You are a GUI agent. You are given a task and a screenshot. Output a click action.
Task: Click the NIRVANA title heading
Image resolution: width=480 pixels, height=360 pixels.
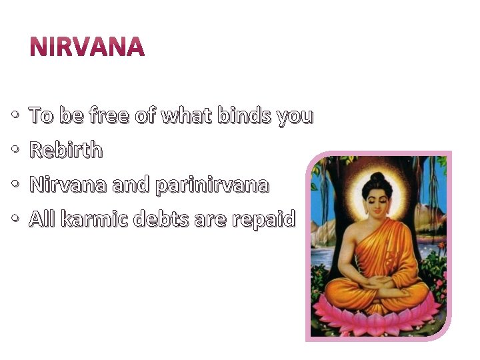(x=87, y=47)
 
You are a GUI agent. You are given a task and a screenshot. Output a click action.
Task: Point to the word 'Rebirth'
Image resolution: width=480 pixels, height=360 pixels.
(x=66, y=151)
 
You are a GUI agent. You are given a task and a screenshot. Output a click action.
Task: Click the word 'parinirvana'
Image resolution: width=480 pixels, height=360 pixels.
(x=211, y=185)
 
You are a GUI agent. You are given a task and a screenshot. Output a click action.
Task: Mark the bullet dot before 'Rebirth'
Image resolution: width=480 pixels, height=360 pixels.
(x=16, y=151)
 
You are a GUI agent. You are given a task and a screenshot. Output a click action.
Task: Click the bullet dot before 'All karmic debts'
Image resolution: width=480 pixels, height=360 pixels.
(x=16, y=220)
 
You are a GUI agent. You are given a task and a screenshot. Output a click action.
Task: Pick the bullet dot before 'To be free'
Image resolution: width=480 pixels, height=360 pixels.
(x=16, y=117)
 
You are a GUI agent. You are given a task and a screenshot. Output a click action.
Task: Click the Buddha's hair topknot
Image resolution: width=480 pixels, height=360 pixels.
(x=378, y=178)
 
